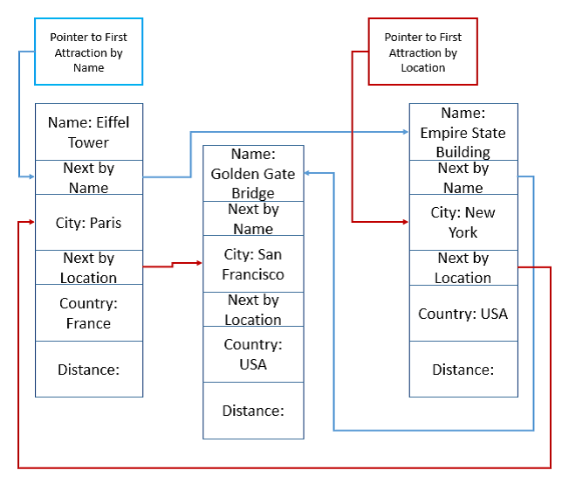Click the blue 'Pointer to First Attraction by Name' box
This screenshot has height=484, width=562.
click(89, 52)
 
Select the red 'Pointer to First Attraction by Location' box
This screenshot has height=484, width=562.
click(423, 52)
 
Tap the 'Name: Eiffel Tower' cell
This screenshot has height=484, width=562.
click(89, 132)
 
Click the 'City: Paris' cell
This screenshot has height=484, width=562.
click(89, 223)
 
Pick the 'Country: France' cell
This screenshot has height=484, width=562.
click(89, 313)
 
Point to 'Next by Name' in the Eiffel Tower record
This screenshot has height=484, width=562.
click(89, 177)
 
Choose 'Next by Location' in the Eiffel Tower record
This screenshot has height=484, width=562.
click(89, 267)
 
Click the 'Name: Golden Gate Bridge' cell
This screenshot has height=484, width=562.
click(253, 173)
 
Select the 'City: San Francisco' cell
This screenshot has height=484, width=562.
click(253, 264)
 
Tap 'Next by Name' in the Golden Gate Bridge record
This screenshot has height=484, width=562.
click(253, 218)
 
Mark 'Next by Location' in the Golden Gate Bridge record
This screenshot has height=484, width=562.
click(253, 309)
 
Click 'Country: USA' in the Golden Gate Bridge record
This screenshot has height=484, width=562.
click(253, 354)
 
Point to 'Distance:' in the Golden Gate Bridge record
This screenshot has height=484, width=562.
click(253, 411)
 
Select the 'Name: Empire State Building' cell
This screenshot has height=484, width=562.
click(463, 132)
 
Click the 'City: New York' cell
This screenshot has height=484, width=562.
click(463, 223)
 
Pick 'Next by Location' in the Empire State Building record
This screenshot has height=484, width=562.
click(463, 267)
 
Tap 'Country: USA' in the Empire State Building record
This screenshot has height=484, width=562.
click(463, 314)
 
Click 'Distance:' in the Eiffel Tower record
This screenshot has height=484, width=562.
click(89, 370)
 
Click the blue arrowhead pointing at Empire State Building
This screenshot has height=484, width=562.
click(405, 132)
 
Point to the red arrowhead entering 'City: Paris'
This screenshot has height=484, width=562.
click(31, 222)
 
